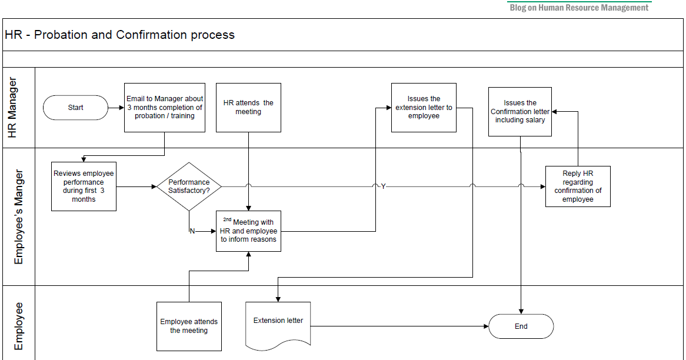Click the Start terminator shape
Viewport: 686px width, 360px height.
(x=76, y=108)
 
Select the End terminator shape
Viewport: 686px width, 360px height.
(x=521, y=326)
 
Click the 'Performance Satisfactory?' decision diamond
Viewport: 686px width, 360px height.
(x=189, y=186)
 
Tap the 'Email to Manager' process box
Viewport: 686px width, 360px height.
(x=165, y=107)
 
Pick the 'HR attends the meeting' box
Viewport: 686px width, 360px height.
(x=248, y=107)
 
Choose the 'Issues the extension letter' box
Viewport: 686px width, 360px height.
(x=424, y=107)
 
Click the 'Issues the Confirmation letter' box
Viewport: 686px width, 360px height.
(x=520, y=111)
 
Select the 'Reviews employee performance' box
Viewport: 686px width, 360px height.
(x=84, y=186)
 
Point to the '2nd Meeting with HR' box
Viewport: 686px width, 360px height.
(x=248, y=231)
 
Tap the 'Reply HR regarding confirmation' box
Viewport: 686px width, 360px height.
(x=578, y=186)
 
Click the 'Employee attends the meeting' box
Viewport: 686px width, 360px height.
(x=189, y=326)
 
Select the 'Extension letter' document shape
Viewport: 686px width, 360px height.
(x=278, y=323)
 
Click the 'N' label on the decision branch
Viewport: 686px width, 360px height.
(x=192, y=231)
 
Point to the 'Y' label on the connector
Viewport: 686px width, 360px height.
(x=383, y=186)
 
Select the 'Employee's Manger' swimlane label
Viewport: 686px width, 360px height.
(x=19, y=216)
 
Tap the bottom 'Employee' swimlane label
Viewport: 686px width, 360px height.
(x=19, y=326)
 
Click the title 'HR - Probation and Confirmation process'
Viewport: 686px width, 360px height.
(x=120, y=35)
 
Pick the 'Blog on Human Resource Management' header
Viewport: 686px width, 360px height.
(x=580, y=8)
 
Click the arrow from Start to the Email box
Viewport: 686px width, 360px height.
(x=116, y=108)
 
